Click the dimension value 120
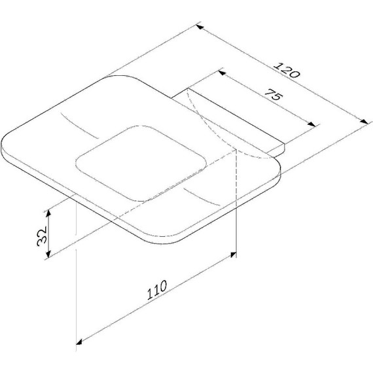click(287, 70)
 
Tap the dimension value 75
click(274, 94)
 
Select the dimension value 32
click(42, 236)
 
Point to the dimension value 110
click(157, 290)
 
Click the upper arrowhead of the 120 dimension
click(200, 27)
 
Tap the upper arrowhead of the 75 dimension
click(222, 73)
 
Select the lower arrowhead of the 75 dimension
click(311, 124)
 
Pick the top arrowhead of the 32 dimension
click(48, 213)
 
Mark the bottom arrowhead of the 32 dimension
click(48, 254)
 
